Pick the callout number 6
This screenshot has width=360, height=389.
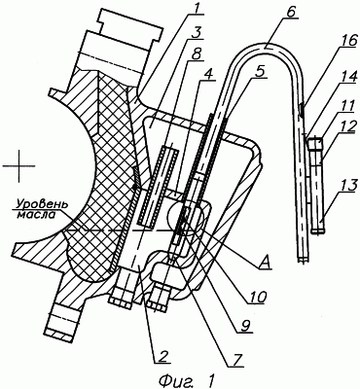(291, 13)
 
